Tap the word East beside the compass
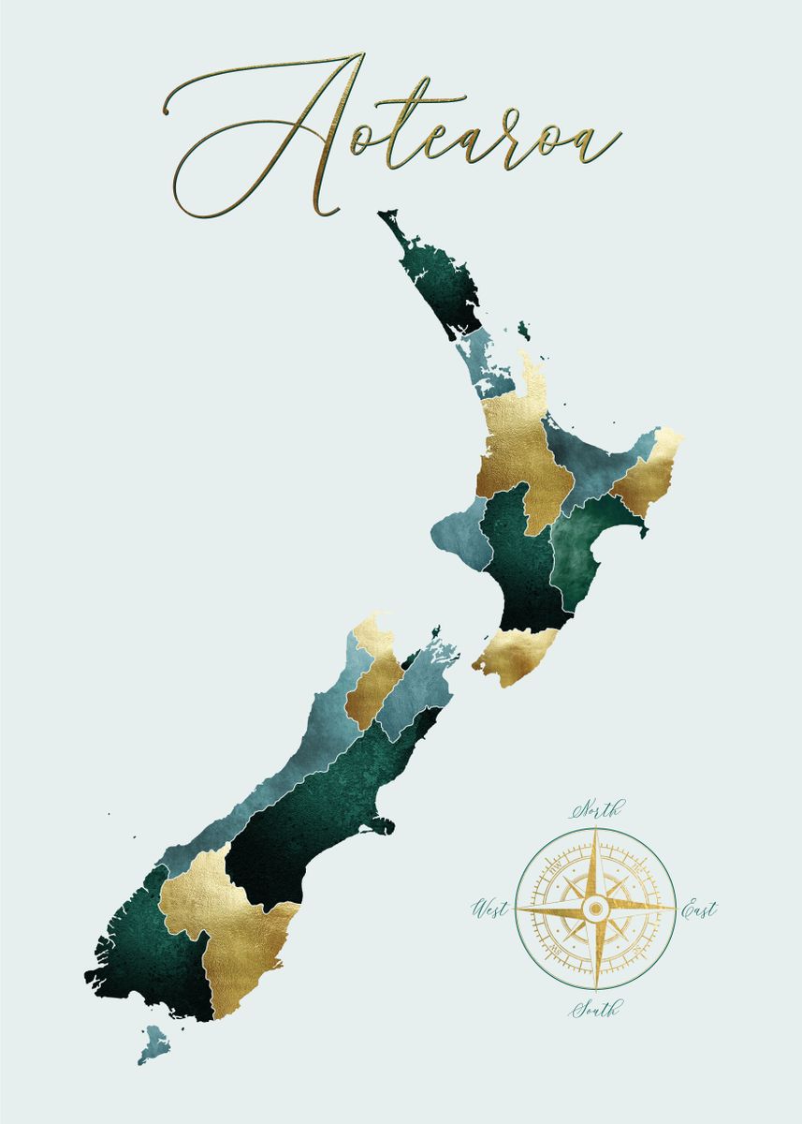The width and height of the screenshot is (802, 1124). pos(698,909)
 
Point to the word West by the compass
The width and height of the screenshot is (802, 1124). pos(490,908)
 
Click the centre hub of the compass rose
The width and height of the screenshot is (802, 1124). pos(595,908)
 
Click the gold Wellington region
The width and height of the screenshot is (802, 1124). pos(518,652)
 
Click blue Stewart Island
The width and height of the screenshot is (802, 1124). pos(152,1043)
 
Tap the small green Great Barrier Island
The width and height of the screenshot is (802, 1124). pos(523,331)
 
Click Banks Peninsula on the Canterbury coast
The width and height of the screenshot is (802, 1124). pos(379,826)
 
